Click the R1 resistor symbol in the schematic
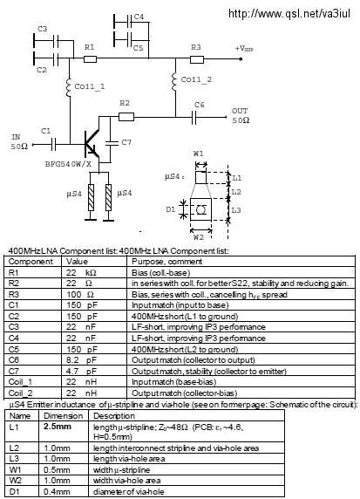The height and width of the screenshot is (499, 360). coord(90,58)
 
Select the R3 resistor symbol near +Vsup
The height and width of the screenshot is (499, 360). coord(197,59)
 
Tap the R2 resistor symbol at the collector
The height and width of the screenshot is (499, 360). coord(126,117)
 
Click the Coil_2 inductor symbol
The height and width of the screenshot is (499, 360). coord(174,82)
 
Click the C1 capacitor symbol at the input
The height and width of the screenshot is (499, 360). coord(54,145)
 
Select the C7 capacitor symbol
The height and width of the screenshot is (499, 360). coord(111,142)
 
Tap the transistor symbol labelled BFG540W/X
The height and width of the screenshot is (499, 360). coord(92,144)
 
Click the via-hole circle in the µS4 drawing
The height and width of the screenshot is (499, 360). coord(200,209)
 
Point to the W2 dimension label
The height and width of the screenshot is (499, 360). coord(199,237)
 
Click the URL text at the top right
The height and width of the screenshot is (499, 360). coord(289,14)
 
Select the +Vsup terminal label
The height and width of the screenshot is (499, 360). coord(244,48)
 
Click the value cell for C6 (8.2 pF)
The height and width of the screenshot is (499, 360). coord(81,360)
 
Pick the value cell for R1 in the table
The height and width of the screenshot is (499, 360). coord(81,273)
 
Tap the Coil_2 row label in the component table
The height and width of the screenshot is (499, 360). coord(20,393)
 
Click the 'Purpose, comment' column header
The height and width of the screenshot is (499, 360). coord(166,262)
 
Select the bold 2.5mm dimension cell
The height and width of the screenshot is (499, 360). coord(58,427)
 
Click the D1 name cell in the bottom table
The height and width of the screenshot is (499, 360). coord(14,492)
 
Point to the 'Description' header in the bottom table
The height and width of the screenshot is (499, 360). coord(114,416)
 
